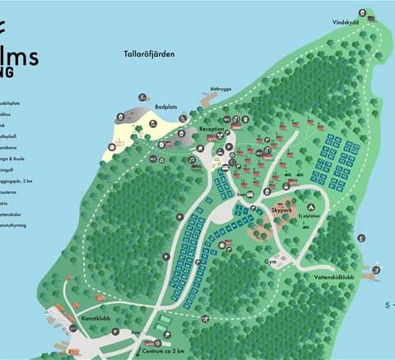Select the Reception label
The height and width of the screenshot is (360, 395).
pyautogui.click(x=211, y=129)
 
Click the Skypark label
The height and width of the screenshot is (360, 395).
pyautogui.click(x=281, y=210)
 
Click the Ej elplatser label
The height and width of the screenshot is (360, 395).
pyautogui.click(x=310, y=216)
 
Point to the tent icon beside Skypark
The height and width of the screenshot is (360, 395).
pyautogui.click(x=311, y=206)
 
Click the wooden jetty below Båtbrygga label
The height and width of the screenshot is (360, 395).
pyautogui.click(x=207, y=101)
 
